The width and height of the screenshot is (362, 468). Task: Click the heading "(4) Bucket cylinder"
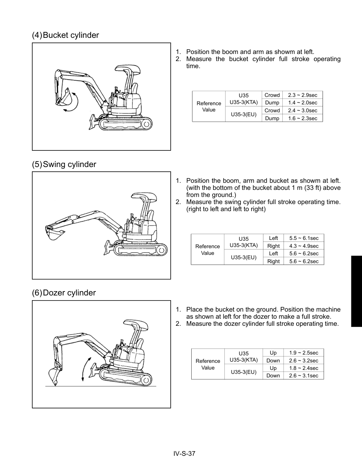click(x=65, y=35)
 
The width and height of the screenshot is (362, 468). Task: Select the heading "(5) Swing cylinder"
click(x=64, y=164)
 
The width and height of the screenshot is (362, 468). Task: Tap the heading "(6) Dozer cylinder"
click(x=64, y=293)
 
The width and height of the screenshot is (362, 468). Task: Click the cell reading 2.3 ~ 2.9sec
click(x=302, y=95)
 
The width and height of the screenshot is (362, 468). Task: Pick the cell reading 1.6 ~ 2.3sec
click(x=302, y=118)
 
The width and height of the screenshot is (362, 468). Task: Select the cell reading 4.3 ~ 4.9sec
click(x=304, y=246)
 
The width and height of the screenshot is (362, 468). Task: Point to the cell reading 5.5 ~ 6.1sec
click(x=304, y=238)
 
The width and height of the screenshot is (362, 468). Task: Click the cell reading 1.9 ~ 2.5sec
click(x=303, y=353)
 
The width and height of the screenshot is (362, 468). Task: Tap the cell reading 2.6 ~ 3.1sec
click(x=303, y=376)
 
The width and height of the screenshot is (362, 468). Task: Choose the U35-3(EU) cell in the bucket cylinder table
click(x=243, y=114)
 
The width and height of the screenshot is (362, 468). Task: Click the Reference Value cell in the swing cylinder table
click(x=207, y=250)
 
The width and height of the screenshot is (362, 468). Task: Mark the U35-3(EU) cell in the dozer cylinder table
click(x=243, y=372)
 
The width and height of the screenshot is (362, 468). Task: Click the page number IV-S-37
click(x=184, y=453)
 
